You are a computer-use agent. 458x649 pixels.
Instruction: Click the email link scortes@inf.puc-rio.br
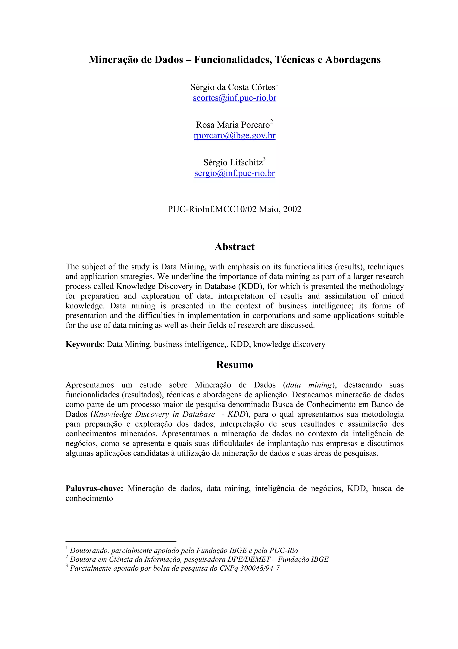coord(235,98)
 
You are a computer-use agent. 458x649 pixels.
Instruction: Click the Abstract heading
coord(235,247)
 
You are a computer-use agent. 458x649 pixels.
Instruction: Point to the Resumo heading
coord(235,365)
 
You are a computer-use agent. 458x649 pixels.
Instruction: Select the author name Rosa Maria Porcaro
coord(233,125)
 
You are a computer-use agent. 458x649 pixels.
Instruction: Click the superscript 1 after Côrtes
coord(277,84)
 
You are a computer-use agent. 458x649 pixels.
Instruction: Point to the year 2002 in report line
coord(292,209)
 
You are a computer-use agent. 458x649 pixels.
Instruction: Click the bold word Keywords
coord(84,344)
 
